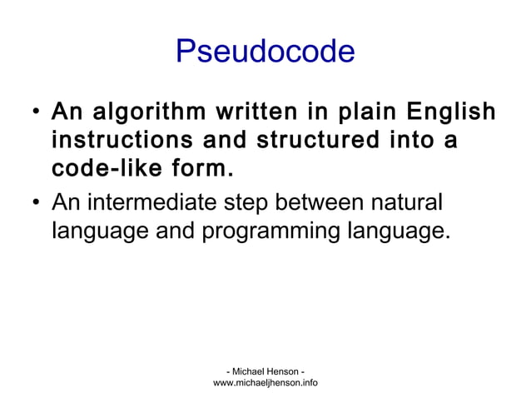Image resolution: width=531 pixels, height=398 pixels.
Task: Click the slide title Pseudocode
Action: (x=265, y=52)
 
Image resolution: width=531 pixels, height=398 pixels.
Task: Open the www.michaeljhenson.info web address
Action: (x=265, y=383)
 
